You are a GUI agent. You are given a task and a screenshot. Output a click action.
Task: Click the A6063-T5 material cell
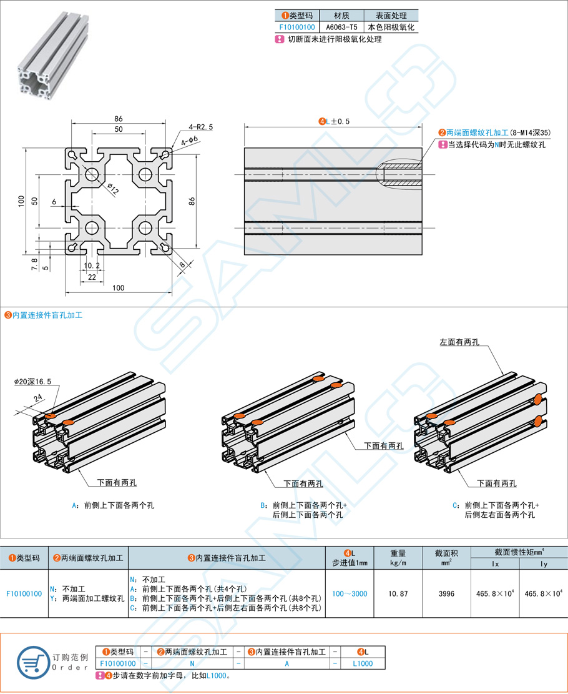point(341,27)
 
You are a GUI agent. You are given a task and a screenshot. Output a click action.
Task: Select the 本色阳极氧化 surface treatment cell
point(391,27)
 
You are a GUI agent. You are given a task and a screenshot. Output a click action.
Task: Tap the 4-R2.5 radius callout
point(200,127)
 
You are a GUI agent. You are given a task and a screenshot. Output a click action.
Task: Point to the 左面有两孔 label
point(459,342)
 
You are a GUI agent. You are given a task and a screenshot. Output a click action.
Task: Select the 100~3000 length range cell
point(350,593)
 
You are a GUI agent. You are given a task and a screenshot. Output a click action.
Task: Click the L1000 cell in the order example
point(361,663)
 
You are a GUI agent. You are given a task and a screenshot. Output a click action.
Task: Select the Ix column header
point(496,565)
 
